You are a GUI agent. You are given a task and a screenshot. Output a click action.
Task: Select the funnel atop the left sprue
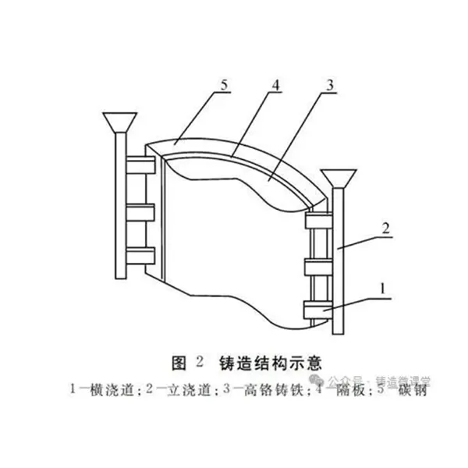point(119,122)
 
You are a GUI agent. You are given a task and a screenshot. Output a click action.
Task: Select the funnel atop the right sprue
point(337,177)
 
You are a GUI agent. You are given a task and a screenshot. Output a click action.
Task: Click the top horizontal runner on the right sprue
point(320,222)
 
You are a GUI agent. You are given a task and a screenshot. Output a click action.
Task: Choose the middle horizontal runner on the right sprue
point(320,268)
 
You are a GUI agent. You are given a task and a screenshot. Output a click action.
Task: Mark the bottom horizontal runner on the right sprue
point(320,313)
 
